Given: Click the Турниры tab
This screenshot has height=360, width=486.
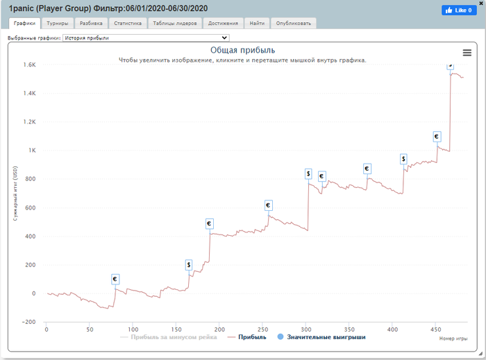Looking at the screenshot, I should (57, 23).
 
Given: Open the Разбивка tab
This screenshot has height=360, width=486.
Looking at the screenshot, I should (91, 23).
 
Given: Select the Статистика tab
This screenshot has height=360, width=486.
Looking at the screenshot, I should (128, 23).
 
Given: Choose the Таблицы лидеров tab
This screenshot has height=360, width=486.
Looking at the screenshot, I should (175, 23).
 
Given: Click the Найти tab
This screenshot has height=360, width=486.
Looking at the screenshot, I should (257, 23).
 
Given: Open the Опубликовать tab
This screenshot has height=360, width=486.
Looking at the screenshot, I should (294, 23).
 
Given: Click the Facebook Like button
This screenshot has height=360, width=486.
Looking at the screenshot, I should (459, 10).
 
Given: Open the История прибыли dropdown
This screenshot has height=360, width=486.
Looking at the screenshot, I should (145, 38).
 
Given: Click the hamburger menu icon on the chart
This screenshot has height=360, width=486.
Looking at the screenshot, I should (467, 53).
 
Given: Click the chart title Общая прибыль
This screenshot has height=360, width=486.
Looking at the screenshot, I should (242, 50).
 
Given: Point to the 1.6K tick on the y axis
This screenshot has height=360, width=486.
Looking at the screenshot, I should (29, 65).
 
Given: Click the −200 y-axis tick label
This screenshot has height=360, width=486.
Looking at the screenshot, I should (28, 322).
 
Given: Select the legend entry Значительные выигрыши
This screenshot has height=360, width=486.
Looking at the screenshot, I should (321, 337).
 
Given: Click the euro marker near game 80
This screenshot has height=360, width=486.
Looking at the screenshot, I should (115, 279).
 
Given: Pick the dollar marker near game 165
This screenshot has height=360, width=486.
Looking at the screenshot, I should (188, 265).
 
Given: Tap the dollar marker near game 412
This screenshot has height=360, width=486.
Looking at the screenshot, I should (403, 160).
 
